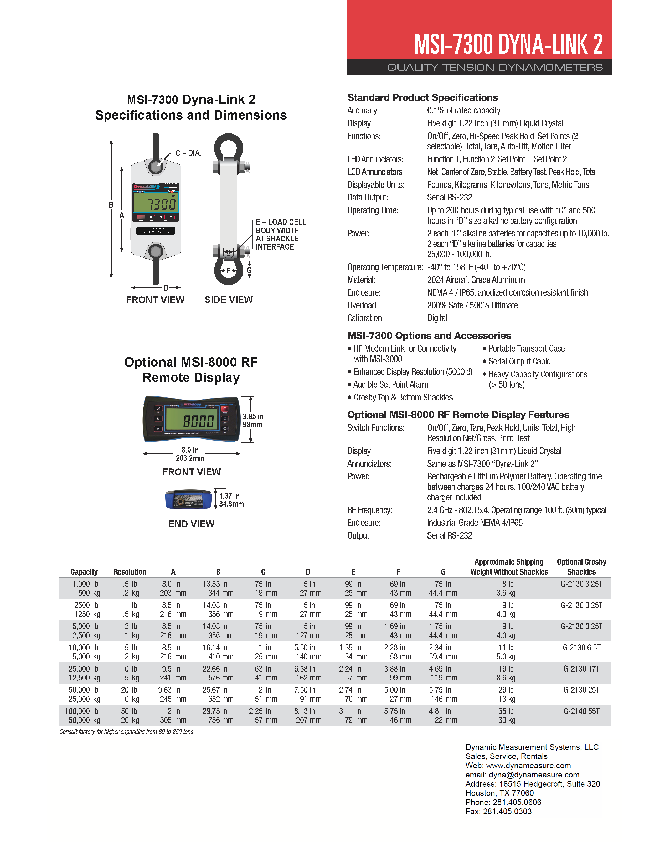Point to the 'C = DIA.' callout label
pyautogui.click(x=188, y=153)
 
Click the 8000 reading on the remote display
pyautogui.click(x=198, y=421)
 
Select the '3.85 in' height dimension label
pyautogui.click(x=253, y=416)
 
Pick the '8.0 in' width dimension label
pyautogui.click(x=190, y=450)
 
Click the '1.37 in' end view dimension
pyautogui.click(x=229, y=496)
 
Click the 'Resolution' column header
pyautogui.click(x=130, y=572)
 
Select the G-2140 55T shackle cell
pyautogui.click(x=581, y=711)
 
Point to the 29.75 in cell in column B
pyautogui.click(x=215, y=711)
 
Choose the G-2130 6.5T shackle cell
pyautogui.click(x=581, y=647)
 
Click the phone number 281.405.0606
pyautogui.click(x=517, y=802)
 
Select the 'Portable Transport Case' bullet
pyautogui.click(x=526, y=349)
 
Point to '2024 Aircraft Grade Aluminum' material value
pyautogui.click(x=476, y=280)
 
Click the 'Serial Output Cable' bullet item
pyautogui.click(x=519, y=361)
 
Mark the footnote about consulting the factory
pyautogui.click(x=126, y=732)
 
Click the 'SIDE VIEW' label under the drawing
pyautogui.click(x=228, y=300)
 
